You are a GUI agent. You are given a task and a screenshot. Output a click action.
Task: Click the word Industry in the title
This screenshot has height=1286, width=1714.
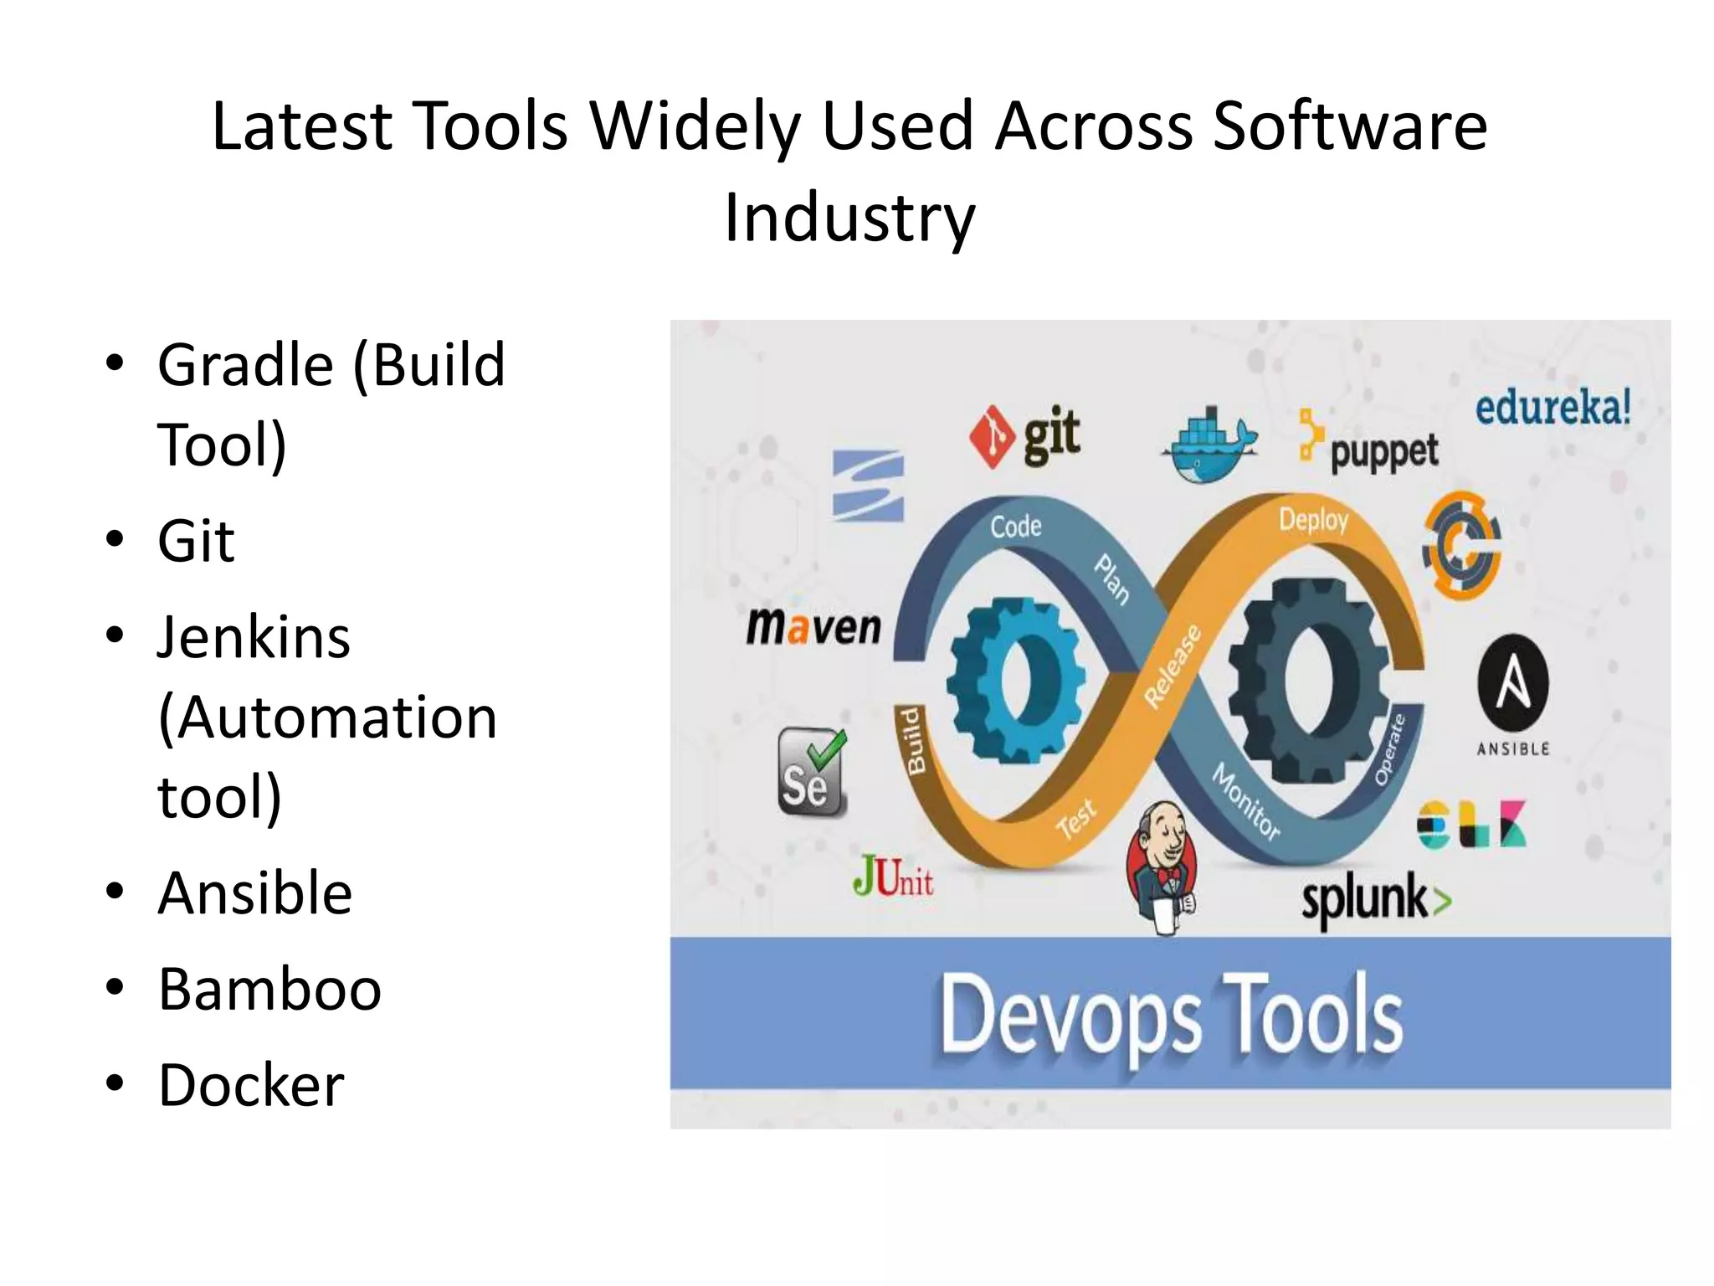[849, 218]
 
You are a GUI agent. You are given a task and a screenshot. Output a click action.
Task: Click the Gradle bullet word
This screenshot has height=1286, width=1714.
[245, 365]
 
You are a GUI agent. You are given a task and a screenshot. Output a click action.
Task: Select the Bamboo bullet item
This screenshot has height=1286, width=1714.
[269, 989]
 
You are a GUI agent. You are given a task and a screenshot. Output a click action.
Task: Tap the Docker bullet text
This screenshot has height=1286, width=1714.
[251, 1085]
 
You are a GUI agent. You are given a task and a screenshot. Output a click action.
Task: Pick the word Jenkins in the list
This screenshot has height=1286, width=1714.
[254, 637]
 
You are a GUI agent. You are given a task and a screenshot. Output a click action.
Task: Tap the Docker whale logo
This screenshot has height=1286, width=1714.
[1208, 447]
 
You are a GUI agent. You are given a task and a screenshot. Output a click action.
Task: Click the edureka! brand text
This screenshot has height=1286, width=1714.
[1552, 409]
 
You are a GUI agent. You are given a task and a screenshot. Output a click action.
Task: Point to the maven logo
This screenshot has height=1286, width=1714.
[813, 626]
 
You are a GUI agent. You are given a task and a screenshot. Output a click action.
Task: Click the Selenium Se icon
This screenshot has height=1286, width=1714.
[811, 772]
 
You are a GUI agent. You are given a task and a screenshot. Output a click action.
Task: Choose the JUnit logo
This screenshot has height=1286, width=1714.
[893, 877]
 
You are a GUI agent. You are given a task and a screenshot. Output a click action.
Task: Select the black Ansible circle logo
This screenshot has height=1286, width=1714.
[1513, 684]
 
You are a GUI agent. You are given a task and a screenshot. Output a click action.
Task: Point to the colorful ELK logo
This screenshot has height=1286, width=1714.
[1472, 825]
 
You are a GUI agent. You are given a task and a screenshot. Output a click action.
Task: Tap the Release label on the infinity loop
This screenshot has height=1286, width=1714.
[1173, 667]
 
